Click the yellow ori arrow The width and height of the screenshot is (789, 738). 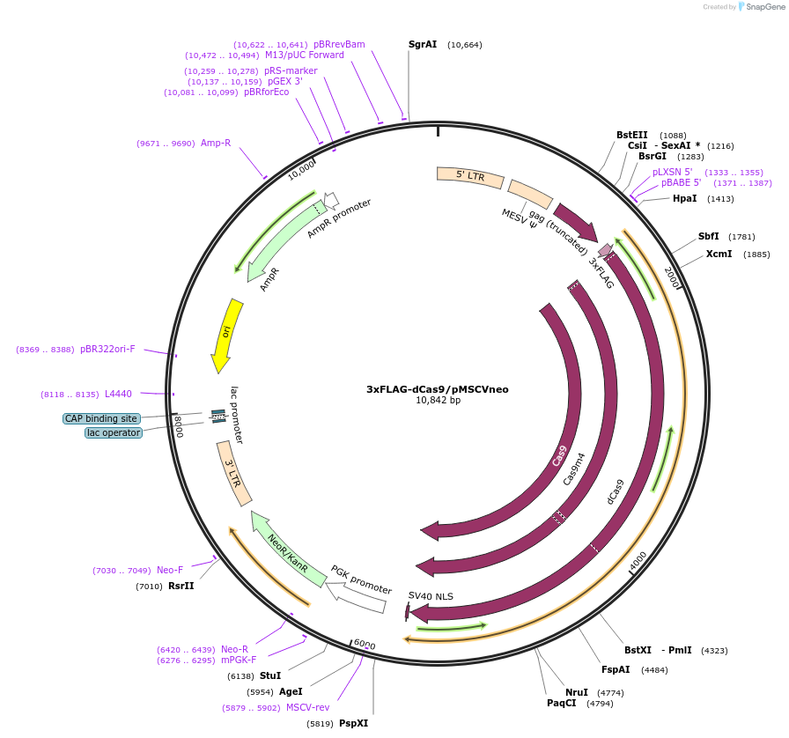point(226,335)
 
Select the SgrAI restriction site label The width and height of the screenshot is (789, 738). point(423,44)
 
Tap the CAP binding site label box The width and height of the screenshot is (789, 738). point(100,418)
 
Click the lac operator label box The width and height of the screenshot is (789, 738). point(113,432)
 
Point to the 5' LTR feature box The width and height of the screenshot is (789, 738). point(470,177)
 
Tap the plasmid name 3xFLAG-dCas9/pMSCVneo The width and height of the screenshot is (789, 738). point(438,389)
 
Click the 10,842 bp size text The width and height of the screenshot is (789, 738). point(438,401)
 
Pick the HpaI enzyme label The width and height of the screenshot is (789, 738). point(684,198)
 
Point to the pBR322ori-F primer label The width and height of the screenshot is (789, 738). point(107,349)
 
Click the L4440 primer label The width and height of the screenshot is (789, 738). point(118,394)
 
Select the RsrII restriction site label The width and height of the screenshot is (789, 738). point(181,586)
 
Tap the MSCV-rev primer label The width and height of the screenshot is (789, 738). point(307,707)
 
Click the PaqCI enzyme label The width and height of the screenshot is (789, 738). point(561,703)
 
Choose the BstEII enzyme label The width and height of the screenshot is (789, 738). point(631,135)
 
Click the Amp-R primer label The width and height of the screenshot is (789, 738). point(215,143)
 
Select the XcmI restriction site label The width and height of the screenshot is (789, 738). point(719,254)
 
